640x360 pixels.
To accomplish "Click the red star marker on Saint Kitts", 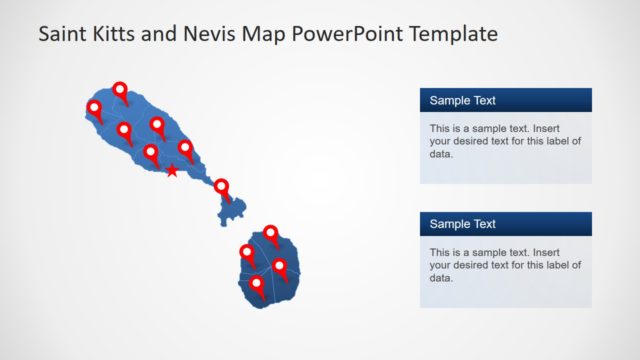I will (x=172, y=172).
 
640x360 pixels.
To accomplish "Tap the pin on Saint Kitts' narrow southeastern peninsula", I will (x=222, y=188).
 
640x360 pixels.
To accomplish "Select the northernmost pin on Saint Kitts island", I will (x=121, y=90).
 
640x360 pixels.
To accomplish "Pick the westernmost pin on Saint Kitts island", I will (x=95, y=108).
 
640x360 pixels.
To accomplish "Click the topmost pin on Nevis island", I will (x=270, y=236).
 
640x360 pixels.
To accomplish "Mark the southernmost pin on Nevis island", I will (x=257, y=285).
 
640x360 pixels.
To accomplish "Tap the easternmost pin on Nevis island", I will (x=280, y=267).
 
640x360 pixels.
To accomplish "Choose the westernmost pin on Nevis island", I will (x=247, y=252).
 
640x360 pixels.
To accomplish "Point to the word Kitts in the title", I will (x=118, y=34).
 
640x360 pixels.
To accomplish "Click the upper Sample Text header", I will (x=462, y=100).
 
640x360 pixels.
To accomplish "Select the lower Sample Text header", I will (x=462, y=224).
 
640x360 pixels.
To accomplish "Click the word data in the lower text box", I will (x=441, y=278).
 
